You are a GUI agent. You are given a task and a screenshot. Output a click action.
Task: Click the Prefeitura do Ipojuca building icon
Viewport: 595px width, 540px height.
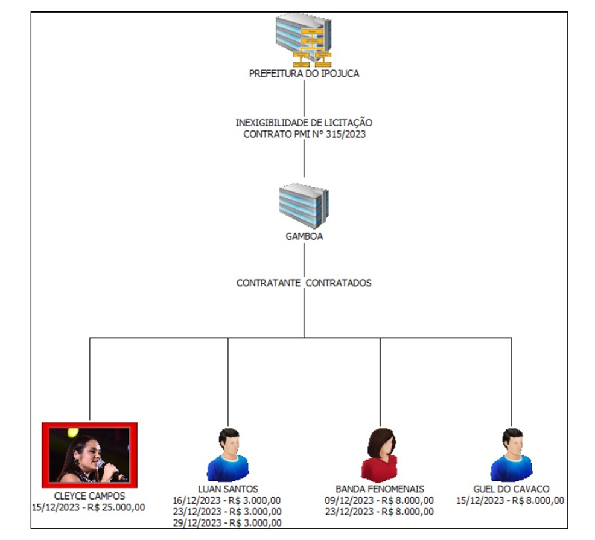304,40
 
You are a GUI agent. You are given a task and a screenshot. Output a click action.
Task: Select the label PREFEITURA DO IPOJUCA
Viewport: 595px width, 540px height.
304,74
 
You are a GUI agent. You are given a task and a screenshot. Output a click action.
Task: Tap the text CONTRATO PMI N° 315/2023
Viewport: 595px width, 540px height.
304,134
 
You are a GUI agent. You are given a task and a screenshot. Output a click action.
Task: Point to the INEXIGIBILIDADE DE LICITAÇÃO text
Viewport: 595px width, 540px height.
304,123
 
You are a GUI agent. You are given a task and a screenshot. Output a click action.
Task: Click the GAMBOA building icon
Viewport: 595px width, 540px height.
304,205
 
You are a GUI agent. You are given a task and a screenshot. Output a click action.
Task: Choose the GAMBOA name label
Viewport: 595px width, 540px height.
304,236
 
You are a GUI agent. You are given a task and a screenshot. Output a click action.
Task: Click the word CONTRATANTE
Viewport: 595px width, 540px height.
269,283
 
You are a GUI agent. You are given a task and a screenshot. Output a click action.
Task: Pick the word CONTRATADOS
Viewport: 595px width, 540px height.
339,283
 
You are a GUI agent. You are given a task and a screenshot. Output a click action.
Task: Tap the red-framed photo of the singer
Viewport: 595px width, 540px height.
89,455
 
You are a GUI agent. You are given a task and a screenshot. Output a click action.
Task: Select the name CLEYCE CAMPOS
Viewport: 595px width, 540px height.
89,496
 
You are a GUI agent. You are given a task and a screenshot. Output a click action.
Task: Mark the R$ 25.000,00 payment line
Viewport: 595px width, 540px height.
89,507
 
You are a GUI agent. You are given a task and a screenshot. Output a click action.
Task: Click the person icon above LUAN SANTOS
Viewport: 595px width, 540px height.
228,455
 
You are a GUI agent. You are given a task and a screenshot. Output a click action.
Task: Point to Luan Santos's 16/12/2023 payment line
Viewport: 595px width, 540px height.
227,501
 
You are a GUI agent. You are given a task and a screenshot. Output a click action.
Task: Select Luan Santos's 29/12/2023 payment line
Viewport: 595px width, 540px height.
227,523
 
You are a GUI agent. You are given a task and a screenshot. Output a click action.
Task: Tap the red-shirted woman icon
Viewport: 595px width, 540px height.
380,455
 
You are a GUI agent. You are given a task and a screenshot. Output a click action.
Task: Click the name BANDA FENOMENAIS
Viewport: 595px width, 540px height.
380,489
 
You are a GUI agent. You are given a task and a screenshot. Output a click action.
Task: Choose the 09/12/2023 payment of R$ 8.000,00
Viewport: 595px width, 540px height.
379,501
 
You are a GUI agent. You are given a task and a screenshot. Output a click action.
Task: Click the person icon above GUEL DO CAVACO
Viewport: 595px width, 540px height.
512,455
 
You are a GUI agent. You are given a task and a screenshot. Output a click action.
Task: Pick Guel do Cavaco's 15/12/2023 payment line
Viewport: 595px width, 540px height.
510,501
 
